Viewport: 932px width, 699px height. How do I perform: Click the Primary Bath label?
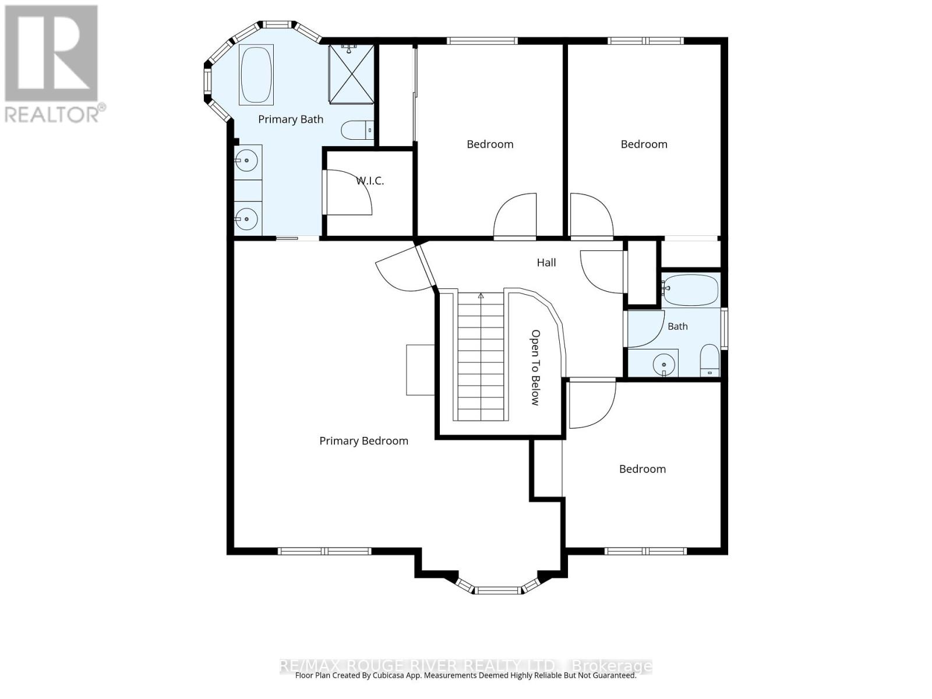291,119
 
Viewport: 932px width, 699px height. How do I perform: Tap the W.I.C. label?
370,181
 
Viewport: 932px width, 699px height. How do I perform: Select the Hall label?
546,263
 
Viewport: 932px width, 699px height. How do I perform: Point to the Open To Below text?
535,368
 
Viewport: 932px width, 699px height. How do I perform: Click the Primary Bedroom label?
363,442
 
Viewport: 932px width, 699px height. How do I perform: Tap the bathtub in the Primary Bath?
256,75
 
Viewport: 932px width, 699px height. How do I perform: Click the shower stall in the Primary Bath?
352,75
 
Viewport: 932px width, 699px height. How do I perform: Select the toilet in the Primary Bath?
358,130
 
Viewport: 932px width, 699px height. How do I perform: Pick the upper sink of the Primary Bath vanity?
247,161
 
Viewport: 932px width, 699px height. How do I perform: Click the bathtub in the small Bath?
690,290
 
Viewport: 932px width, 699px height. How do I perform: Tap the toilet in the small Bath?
709,361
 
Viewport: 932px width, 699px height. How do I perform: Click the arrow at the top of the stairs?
481,296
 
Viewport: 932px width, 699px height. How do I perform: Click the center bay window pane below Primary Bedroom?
497,590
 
